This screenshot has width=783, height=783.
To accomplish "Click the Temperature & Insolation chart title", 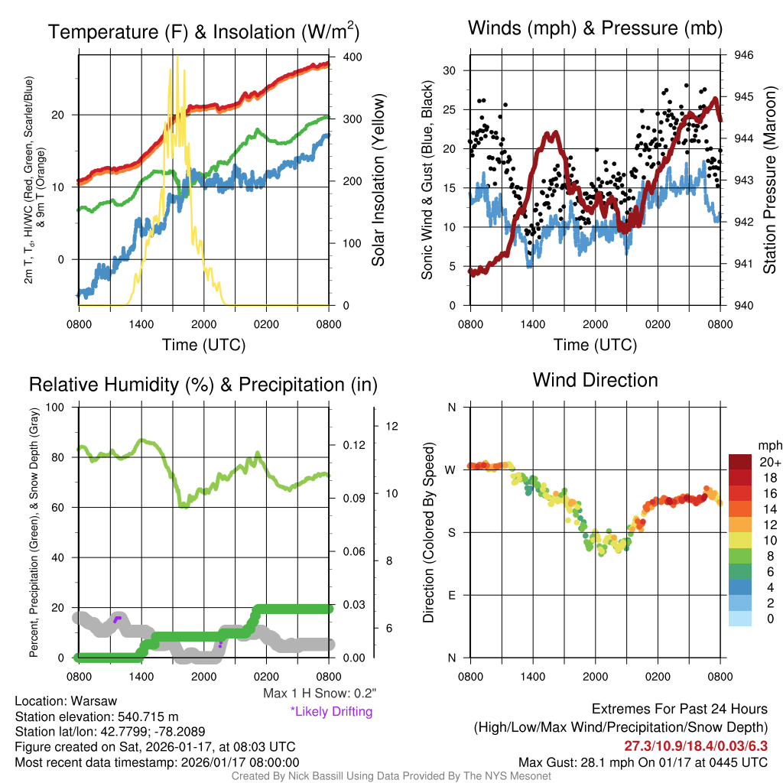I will coord(203,32).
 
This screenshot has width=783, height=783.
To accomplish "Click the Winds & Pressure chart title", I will coord(595,29).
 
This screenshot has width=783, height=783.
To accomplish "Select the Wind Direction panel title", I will coord(595,380).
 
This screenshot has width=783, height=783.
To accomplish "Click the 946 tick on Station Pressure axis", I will coord(743,55).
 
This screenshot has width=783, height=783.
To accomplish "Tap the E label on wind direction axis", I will coord(452,595).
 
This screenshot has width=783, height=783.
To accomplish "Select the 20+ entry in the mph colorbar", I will coord(767,463).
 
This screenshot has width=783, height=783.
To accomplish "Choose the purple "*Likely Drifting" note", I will coord(331,711).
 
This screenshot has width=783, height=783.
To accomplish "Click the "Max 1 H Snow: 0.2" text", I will coord(319,694).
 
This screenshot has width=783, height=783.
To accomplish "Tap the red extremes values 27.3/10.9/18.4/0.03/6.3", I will coord(695,746).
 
